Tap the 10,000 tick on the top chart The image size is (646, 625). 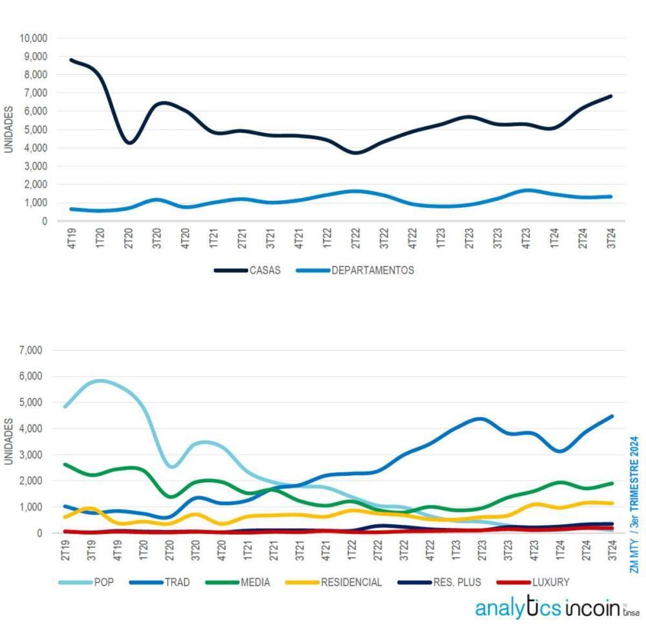pos(34,38)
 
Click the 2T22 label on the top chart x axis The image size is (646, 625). pos(355,238)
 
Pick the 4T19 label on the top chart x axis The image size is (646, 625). pos(73,238)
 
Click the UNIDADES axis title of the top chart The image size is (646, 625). pos(8,129)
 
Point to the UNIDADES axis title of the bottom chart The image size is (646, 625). pos(8,441)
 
